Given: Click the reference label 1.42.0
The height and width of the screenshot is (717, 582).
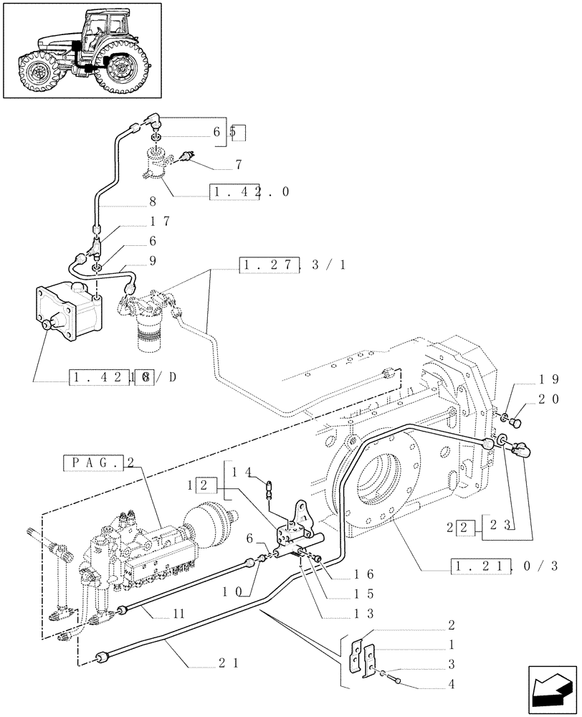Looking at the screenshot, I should click(250, 193).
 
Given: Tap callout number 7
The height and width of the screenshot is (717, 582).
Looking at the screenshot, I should click(237, 165).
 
